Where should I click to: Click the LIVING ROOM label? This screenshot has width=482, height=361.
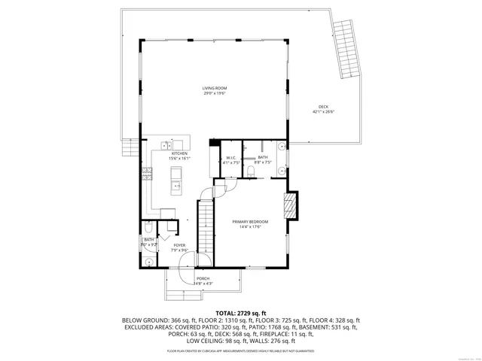point(215,88)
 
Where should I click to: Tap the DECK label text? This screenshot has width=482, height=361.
point(323,107)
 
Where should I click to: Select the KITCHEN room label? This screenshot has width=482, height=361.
point(179,153)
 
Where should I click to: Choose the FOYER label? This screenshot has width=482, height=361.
point(179,245)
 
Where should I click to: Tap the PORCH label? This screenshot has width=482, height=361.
point(203,278)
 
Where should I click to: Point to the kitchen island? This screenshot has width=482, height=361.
point(176,178)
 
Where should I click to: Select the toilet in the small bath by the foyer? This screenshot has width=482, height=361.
point(149,229)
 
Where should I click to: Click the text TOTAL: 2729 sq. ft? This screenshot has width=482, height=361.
point(241,313)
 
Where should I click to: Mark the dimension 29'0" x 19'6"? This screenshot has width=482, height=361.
point(215,93)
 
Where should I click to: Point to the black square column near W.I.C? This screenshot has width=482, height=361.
point(214,142)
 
